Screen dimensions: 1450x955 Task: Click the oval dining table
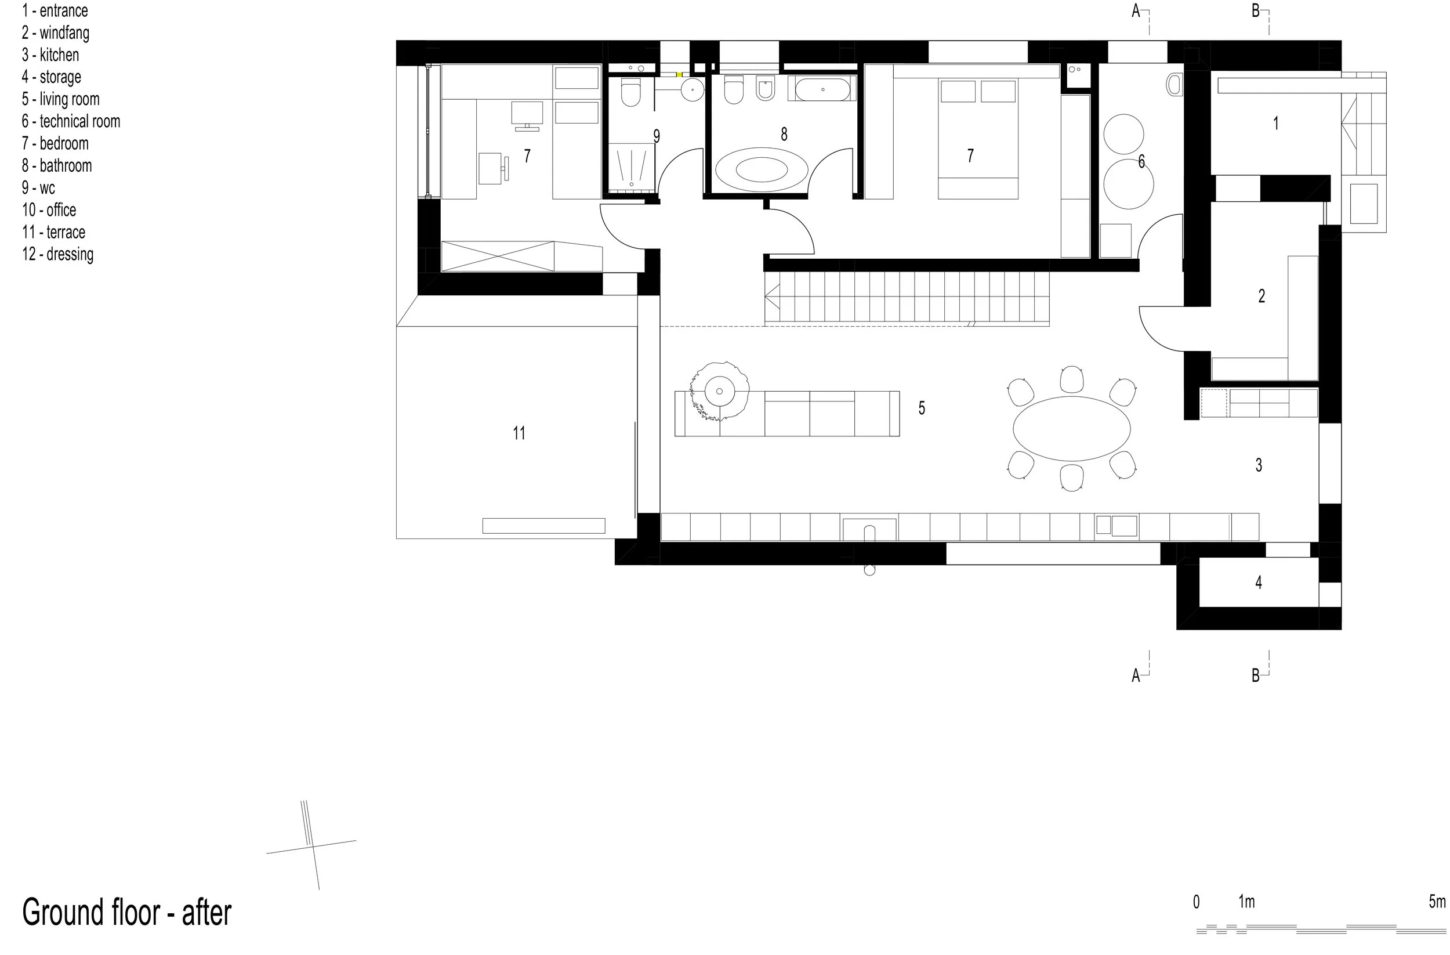(1072, 428)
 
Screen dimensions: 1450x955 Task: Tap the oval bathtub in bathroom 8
(762, 169)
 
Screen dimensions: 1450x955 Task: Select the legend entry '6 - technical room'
(71, 121)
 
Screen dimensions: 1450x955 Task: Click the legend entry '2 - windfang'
(56, 33)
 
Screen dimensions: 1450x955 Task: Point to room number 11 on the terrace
(519, 433)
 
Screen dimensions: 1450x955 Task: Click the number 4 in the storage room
(1259, 583)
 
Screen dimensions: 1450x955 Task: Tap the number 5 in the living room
(922, 408)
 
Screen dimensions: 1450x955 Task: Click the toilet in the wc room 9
(630, 93)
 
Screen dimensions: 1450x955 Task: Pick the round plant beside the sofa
(720, 391)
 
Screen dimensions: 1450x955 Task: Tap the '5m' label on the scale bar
(1437, 902)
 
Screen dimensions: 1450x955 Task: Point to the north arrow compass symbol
(311, 845)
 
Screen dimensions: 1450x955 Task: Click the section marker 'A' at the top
(1136, 11)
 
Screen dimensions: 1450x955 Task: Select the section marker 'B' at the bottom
(1256, 675)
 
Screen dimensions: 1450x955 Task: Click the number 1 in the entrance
(1276, 124)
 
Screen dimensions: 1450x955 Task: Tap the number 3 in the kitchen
(1259, 465)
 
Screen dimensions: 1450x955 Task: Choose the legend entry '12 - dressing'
(58, 254)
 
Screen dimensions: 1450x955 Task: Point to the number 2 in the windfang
(1261, 296)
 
